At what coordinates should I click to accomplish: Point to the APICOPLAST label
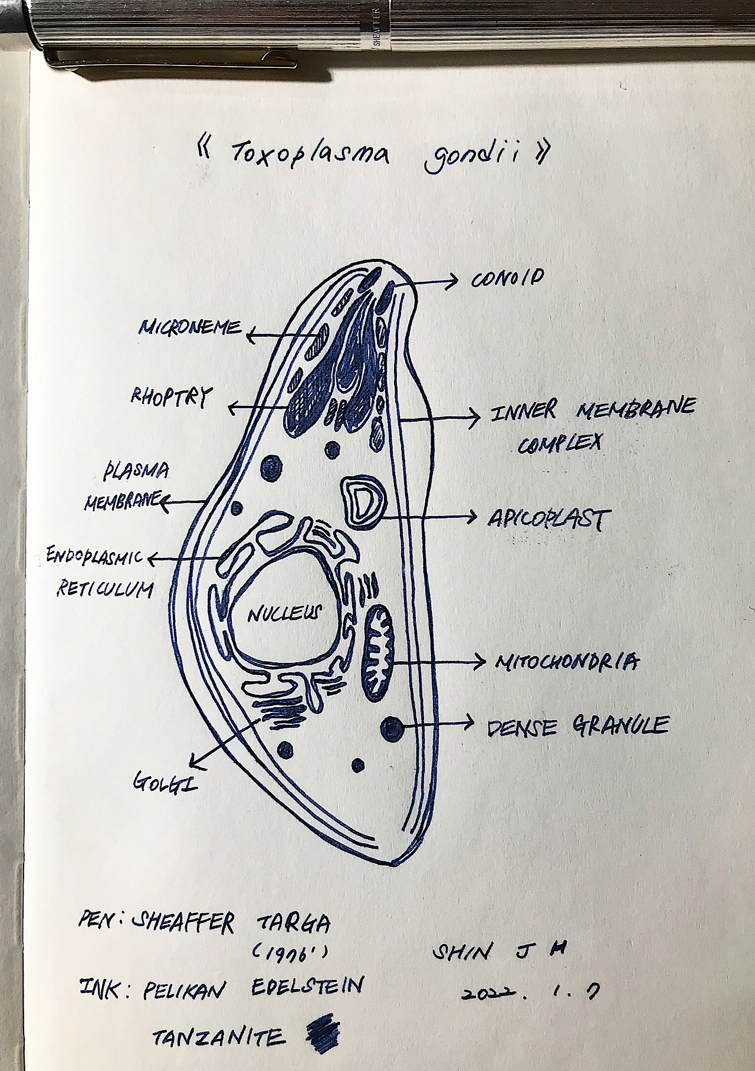pos(546,518)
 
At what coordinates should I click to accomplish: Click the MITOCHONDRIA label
pos(566,662)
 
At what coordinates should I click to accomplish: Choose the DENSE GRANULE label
pos(577,725)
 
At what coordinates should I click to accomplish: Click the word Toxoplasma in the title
pos(313,155)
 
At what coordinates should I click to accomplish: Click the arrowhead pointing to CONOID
pos(453,281)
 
